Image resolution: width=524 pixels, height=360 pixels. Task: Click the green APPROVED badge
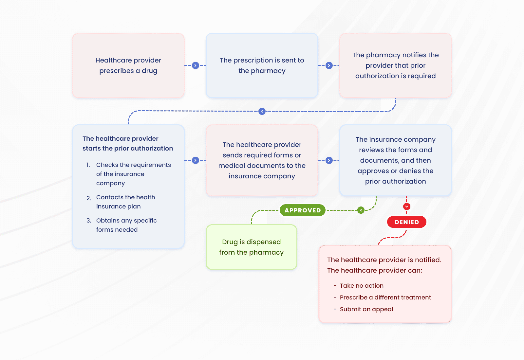302,210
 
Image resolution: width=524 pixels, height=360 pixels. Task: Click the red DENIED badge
406,222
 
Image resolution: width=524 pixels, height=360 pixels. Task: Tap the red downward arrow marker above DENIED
406,207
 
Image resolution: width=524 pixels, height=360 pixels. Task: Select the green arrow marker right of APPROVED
361,210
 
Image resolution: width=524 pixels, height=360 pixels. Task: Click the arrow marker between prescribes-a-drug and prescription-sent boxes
196,65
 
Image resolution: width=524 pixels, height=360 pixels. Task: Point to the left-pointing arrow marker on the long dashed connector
262,111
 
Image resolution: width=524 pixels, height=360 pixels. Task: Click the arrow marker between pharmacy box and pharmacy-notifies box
329,65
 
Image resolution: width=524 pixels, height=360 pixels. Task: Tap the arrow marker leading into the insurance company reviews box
329,160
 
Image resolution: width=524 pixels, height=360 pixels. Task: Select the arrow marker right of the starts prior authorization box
196,160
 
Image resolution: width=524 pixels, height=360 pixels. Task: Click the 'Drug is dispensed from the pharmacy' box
251,247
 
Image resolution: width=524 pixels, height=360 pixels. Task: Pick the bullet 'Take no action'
362,286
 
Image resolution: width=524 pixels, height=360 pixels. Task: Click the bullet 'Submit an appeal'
366,309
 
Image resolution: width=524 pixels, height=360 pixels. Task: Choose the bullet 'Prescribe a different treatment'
385,297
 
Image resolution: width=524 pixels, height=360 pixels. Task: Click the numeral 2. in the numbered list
89,198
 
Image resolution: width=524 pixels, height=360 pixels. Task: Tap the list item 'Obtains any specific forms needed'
126,225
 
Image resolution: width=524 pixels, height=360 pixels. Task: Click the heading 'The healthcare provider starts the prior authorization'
127,143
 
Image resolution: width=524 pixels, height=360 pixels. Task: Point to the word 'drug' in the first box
149,71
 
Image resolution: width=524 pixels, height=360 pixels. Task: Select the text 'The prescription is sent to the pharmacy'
262,65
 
